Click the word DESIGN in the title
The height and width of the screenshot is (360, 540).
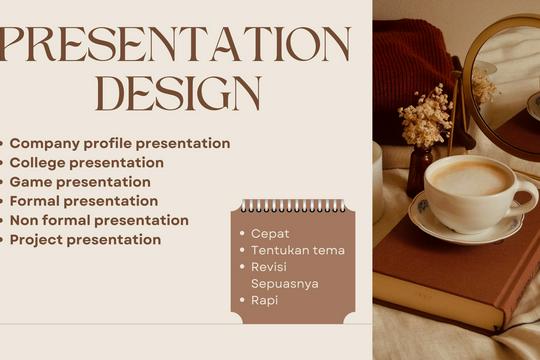click(178, 94)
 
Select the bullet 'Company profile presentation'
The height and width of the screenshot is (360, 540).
click(119, 143)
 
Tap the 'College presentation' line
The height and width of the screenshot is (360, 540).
click(86, 162)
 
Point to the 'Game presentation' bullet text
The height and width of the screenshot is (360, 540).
click(80, 182)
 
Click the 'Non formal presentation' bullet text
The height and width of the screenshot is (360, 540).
click(98, 220)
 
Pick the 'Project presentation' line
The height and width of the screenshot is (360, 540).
click(85, 239)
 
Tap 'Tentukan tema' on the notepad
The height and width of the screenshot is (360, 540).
click(297, 250)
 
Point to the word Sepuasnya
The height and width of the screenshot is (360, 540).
click(283, 283)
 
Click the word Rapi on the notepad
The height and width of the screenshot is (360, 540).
click(264, 300)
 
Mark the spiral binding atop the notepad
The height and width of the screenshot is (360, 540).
click(293, 205)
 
